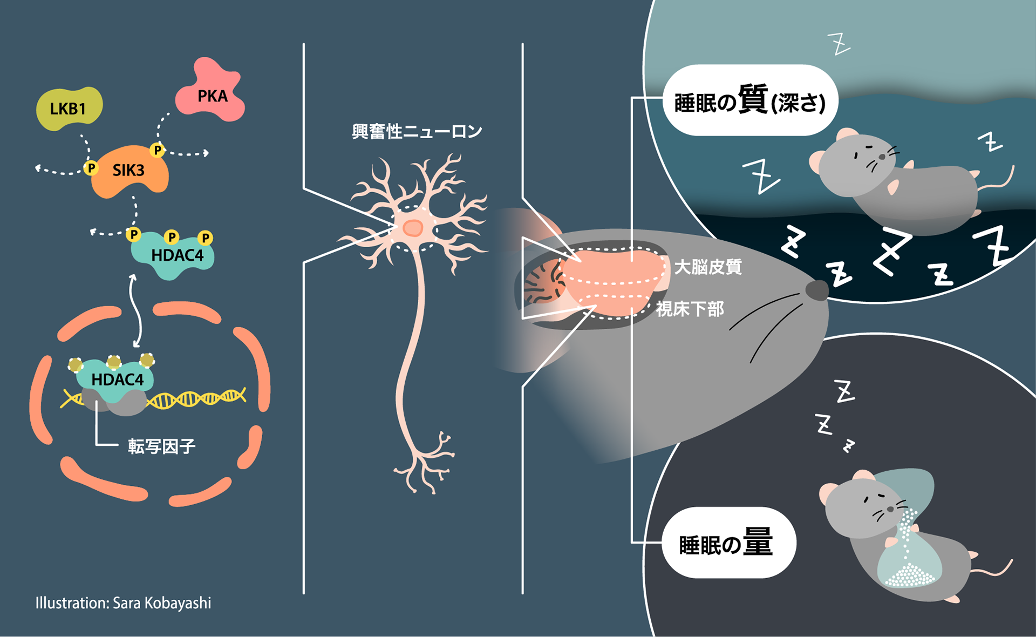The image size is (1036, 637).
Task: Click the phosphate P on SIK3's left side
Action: tap(91, 168)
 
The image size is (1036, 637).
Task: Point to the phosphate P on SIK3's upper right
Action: tap(157, 150)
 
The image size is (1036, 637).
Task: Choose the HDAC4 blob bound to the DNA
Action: tap(116, 380)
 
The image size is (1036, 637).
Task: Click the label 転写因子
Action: tap(161, 446)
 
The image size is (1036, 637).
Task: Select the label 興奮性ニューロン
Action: tap(417, 131)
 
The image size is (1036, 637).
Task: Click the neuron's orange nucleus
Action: tap(413, 228)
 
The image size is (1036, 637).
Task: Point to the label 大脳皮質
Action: tap(708, 267)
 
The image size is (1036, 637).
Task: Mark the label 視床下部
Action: tap(690, 309)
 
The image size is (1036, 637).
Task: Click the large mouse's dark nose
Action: tap(817, 290)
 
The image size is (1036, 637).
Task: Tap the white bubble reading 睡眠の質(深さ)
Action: tap(750, 100)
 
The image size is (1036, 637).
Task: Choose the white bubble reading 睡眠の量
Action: tap(728, 543)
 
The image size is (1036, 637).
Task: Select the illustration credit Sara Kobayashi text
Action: tap(124, 603)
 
